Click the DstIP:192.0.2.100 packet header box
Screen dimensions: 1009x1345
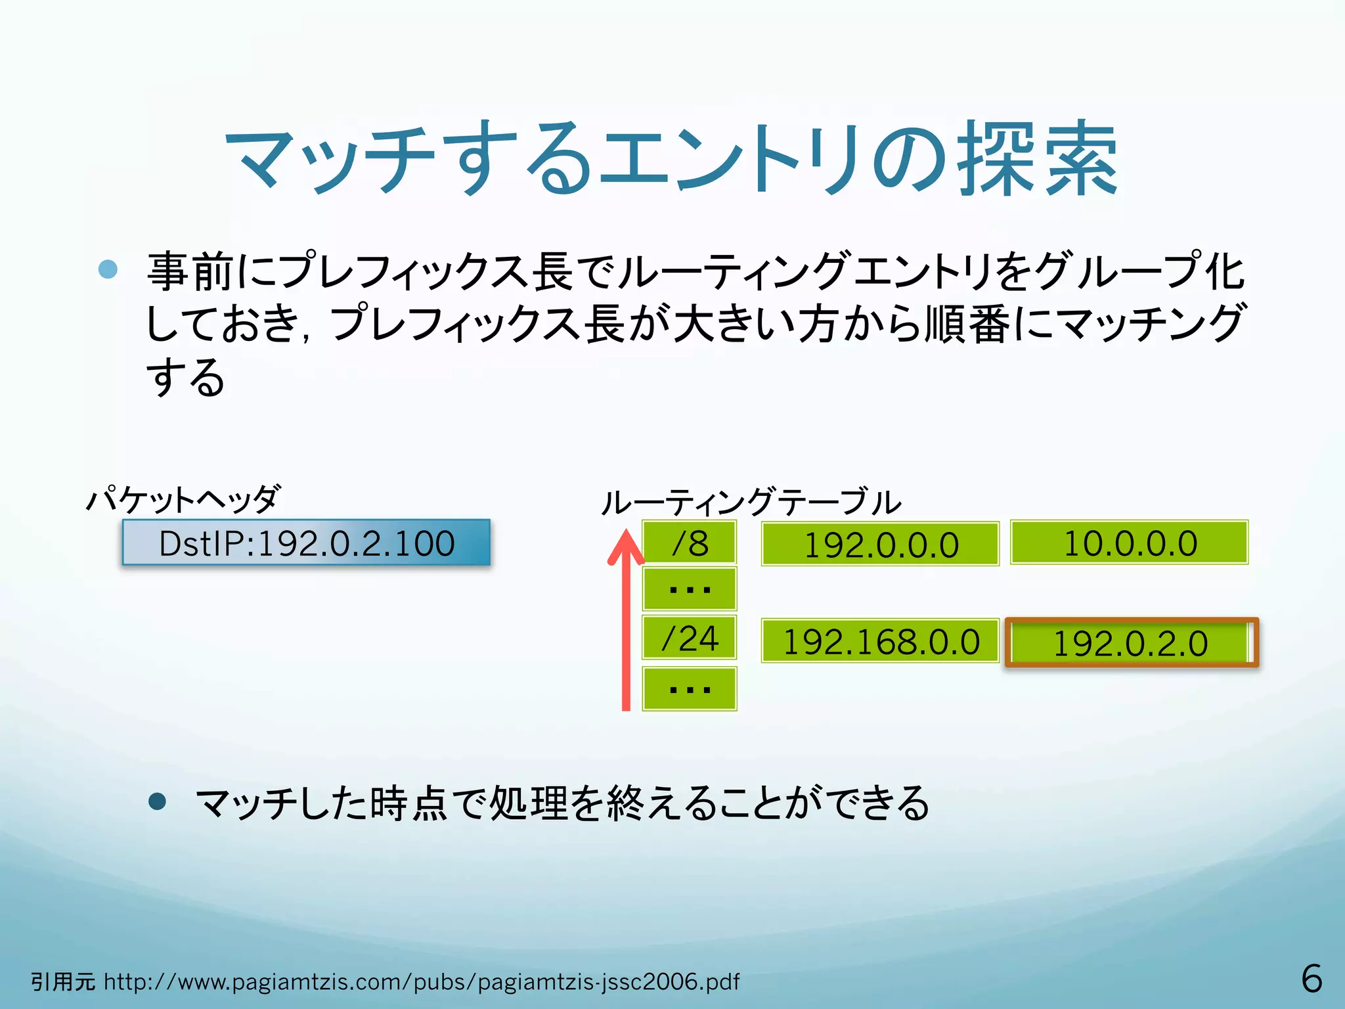pyautogui.click(x=306, y=543)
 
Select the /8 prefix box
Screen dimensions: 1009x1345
pyautogui.click(x=689, y=543)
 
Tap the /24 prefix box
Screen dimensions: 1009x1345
pyautogui.click(x=689, y=638)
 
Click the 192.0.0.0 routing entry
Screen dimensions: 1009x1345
pyautogui.click(x=880, y=544)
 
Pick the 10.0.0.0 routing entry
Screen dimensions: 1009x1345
pyautogui.click(x=1129, y=543)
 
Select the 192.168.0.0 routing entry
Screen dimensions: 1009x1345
pyautogui.click(x=880, y=640)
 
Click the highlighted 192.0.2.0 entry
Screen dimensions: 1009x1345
pyautogui.click(x=1131, y=642)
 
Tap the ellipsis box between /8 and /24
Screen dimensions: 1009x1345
pyautogui.click(x=689, y=589)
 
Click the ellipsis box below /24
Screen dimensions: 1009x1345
pyautogui.click(x=689, y=688)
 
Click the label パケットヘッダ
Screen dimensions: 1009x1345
pyautogui.click(x=184, y=499)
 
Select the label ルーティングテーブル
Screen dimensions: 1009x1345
pyautogui.click(x=751, y=503)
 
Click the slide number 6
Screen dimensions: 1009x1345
pyautogui.click(x=1312, y=979)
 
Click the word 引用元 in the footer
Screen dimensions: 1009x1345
pyautogui.click(x=63, y=982)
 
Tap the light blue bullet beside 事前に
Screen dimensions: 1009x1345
pyautogui.click(x=108, y=269)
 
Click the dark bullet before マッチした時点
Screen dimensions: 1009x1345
pyautogui.click(x=158, y=801)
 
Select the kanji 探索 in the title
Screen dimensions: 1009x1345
pyautogui.click(x=1038, y=160)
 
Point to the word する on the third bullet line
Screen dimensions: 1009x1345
pyautogui.click(x=185, y=377)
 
